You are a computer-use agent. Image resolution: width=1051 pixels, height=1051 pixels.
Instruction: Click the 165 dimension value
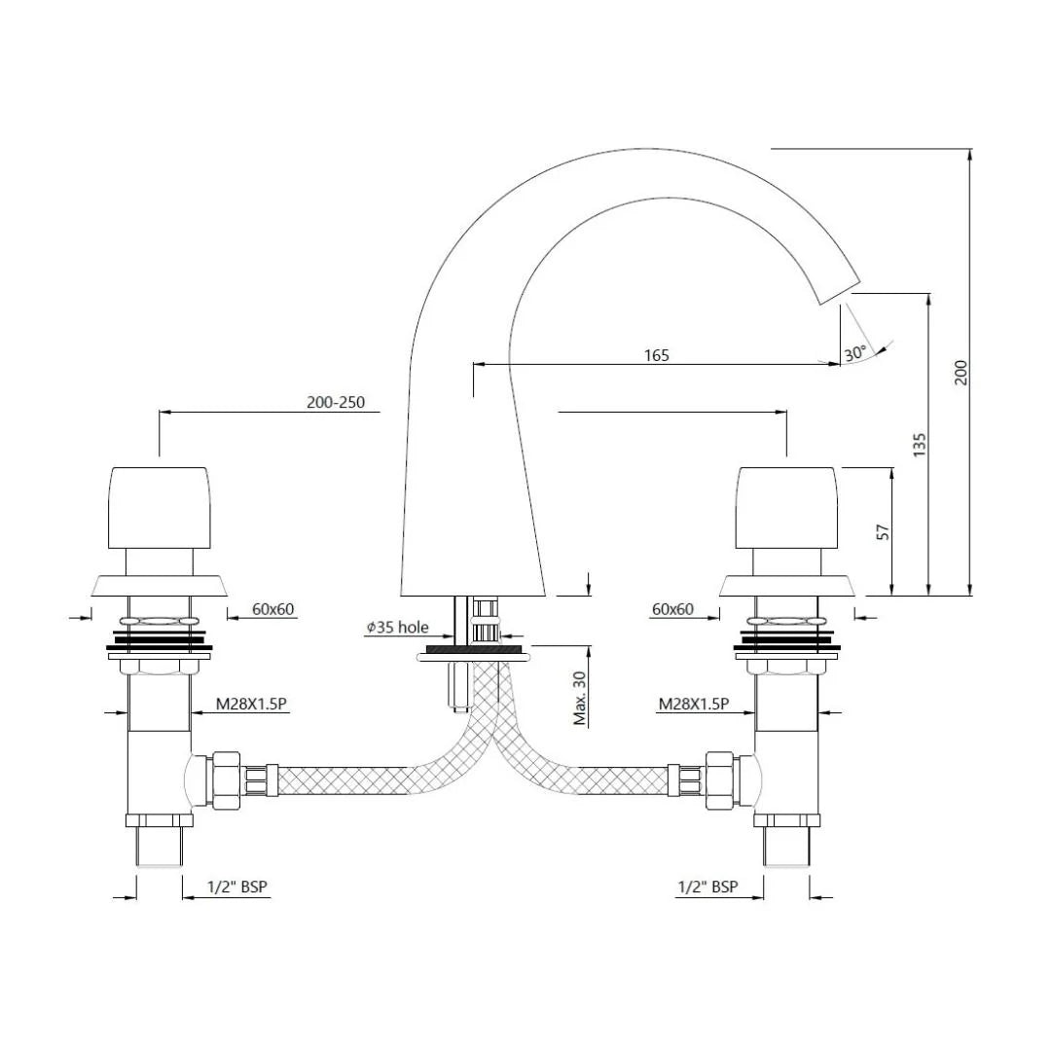[656, 355]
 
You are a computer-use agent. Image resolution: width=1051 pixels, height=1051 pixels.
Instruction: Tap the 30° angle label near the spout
[854, 354]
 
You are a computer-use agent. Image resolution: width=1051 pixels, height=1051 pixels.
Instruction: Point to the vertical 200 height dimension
[961, 373]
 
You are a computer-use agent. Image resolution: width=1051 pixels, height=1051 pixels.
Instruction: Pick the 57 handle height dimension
[883, 531]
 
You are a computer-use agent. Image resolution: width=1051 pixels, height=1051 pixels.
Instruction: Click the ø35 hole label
[396, 629]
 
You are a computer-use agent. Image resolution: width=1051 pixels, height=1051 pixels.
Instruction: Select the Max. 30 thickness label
[580, 697]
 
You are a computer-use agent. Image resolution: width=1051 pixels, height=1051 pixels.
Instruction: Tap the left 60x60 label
[273, 609]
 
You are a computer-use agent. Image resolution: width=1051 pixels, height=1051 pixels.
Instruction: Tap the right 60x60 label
[672, 609]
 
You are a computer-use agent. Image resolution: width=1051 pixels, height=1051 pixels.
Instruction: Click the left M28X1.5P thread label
[252, 705]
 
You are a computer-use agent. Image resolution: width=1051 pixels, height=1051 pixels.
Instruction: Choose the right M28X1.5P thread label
[693, 705]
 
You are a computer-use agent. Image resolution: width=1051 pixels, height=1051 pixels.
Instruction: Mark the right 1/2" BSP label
[707, 887]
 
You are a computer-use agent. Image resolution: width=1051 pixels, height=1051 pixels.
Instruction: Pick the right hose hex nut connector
[720, 779]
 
